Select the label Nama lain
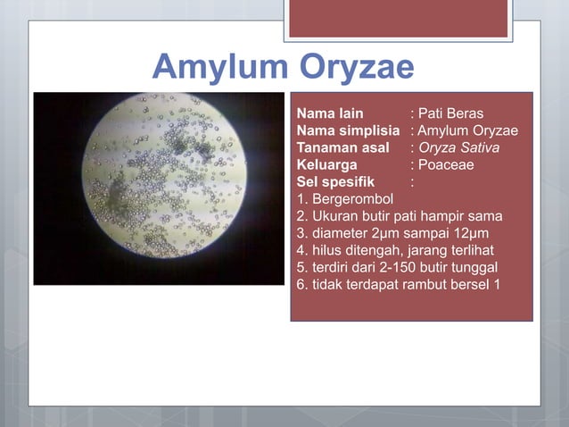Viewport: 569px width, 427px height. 324,113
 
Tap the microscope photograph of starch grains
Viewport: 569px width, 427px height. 159,188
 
